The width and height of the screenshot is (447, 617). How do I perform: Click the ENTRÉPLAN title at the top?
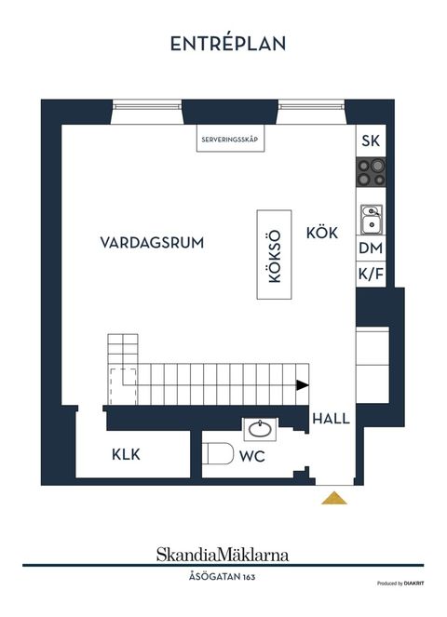(227, 44)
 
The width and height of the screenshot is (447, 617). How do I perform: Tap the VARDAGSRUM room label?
(152, 242)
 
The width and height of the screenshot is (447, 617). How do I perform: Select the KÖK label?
(321, 233)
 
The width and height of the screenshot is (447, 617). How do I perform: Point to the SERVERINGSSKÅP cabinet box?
(229, 141)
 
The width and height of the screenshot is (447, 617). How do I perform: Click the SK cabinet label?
(370, 141)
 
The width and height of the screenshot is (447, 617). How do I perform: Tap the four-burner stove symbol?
(370, 174)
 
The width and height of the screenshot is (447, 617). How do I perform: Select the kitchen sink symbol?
(370, 219)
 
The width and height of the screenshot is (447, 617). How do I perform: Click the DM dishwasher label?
(370, 248)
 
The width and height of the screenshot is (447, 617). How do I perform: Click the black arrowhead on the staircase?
(302, 385)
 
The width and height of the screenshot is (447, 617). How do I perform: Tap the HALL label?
(331, 419)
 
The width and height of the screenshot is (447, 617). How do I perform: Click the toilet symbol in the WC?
(219, 456)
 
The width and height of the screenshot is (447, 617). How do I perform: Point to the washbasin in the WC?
(260, 429)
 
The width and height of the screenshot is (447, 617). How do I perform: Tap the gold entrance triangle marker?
(333, 499)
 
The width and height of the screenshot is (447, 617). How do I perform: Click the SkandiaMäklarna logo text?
(222, 555)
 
